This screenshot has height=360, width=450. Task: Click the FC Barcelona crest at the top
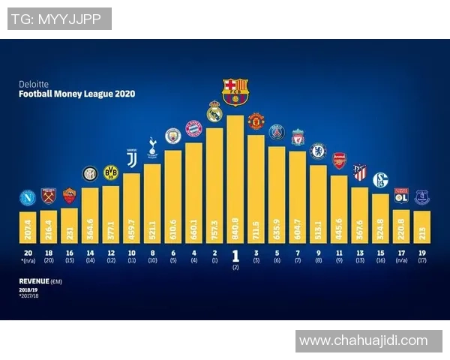(235, 90)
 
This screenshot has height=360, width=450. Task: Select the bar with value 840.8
(235, 180)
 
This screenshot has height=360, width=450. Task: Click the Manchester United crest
(256, 121)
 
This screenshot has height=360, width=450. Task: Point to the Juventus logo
(132, 159)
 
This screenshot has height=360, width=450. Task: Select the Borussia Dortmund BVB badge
(111, 172)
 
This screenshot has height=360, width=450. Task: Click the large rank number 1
(235, 255)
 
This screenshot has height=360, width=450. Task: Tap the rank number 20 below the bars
(28, 253)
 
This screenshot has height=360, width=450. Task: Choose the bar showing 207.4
(28, 225)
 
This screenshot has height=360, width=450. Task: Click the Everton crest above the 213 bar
(421, 196)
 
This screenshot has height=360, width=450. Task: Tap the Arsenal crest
(339, 160)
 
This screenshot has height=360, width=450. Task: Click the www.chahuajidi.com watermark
(363, 341)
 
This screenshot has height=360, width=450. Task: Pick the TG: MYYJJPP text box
(59, 19)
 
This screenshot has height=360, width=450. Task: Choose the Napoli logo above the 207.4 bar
(28, 198)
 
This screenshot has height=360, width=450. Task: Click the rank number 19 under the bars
(421, 253)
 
